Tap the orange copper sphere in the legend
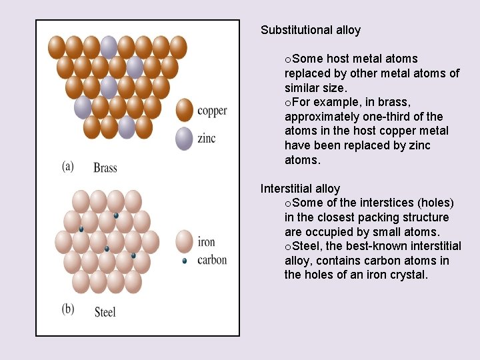click(185, 111)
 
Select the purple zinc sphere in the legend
click(185, 138)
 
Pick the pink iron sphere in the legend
click(185, 241)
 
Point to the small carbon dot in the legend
click(185, 261)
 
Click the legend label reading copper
click(212, 111)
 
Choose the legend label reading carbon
click(212, 260)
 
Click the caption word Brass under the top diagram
click(105, 167)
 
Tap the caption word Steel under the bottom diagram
click(105, 311)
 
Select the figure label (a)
click(67, 166)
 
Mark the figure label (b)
click(68, 310)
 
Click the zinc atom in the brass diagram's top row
click(109, 47)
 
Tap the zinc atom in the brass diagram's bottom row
click(127, 127)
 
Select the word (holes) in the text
click(431, 203)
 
